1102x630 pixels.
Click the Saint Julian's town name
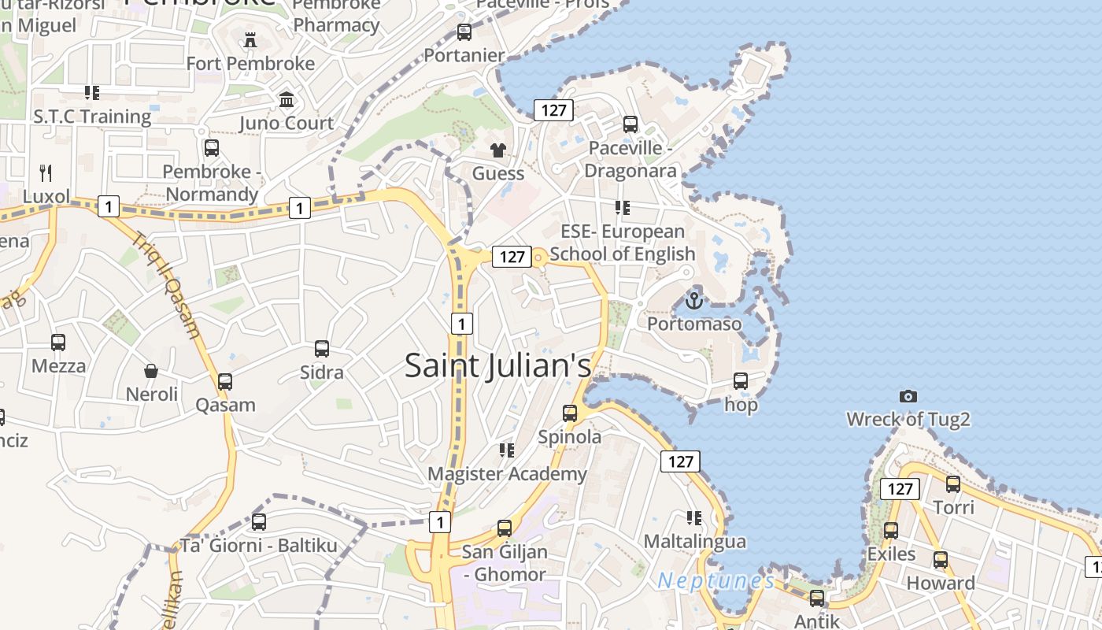[x=497, y=366]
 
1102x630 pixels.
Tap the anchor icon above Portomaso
[x=693, y=301]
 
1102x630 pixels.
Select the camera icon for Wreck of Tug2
[x=908, y=396]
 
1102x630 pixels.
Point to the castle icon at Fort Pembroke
[x=250, y=39]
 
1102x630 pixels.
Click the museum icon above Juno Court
[x=287, y=100]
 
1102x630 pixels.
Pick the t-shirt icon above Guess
[x=498, y=150]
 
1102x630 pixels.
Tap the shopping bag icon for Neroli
[x=151, y=370]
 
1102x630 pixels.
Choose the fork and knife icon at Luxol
[x=46, y=172]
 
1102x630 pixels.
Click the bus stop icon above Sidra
[x=322, y=348]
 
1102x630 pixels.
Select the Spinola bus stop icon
[x=570, y=413]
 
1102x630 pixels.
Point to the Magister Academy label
[x=507, y=474]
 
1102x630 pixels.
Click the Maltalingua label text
[x=694, y=542]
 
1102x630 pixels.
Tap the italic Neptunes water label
[x=716, y=581]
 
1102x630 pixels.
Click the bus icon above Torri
[x=953, y=484]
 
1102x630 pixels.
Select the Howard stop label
[x=941, y=584]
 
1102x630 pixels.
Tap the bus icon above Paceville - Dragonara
[x=631, y=124]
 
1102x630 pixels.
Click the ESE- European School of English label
[x=622, y=243]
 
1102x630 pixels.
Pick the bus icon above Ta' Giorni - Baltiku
[x=259, y=521]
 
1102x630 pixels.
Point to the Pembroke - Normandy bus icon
[x=212, y=147]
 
